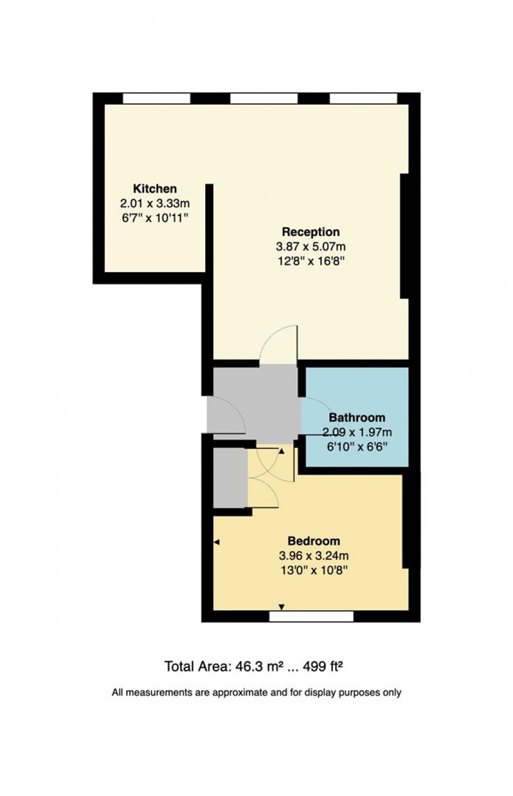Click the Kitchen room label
tap(154, 188)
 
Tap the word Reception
tap(311, 232)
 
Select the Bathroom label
tap(356, 417)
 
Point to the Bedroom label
tap(314, 541)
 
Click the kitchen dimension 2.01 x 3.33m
tap(154, 203)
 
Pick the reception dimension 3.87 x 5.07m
tap(311, 246)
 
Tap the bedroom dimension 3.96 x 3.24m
tap(314, 555)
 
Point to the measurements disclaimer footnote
tap(256, 692)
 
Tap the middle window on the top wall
tap(264, 98)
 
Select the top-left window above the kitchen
tap(157, 98)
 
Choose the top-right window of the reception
tap(363, 98)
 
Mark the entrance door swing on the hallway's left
tap(226, 415)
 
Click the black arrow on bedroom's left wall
tap(217, 542)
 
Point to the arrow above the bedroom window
tap(282, 607)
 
